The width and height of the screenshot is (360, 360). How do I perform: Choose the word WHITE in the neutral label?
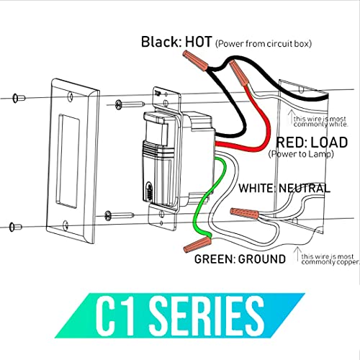257,189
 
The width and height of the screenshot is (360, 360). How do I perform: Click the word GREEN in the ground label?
217,256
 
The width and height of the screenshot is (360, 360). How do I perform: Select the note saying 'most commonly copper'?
328,258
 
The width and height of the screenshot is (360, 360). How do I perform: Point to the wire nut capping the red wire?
239,74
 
